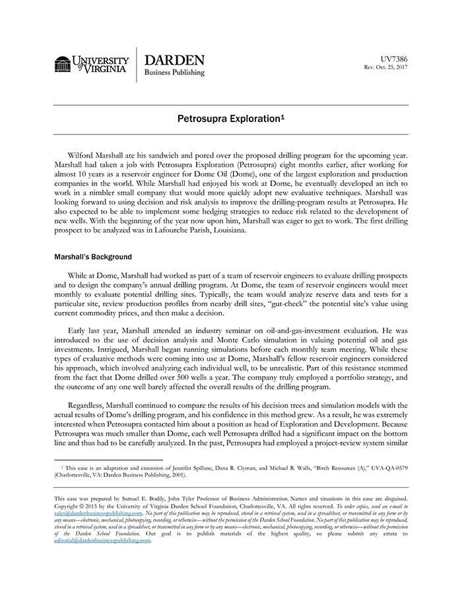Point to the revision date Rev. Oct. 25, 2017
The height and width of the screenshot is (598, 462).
click(386, 67)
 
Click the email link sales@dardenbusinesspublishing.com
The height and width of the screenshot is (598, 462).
click(98, 512)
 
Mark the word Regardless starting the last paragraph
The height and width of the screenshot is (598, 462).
click(89, 405)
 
